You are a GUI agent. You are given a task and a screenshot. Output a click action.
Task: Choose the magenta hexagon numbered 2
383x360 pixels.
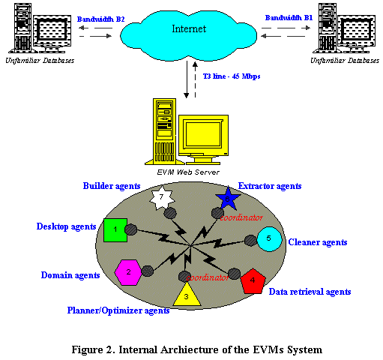[x=128, y=271]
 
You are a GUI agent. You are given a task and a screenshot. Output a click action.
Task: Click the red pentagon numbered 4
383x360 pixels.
[x=253, y=280]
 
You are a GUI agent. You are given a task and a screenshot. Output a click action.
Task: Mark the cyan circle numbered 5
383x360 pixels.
[x=268, y=239]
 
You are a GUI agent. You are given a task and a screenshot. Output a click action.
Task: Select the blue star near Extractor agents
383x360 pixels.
[x=226, y=199]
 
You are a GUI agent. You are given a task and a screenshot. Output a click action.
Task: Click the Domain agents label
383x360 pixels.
[x=70, y=275]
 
